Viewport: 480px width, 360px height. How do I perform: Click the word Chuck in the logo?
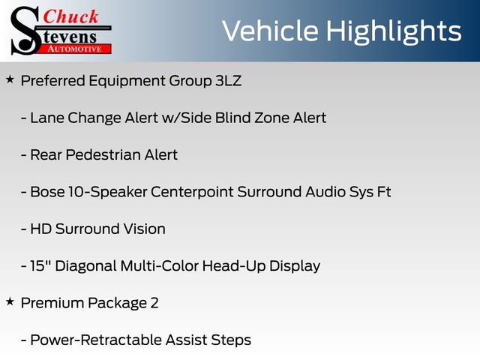pyautogui.click(x=70, y=16)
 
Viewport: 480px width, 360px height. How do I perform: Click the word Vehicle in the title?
pyautogui.click(x=270, y=31)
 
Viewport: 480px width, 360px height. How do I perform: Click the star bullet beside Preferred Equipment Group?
pyautogui.click(x=10, y=79)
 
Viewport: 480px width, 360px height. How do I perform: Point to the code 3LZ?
pyautogui.click(x=228, y=81)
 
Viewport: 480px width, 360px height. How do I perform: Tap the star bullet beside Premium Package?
pyautogui.click(x=10, y=301)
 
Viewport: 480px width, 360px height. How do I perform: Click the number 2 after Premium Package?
pyautogui.click(x=154, y=303)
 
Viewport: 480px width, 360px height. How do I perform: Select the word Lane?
pyautogui.click(x=47, y=118)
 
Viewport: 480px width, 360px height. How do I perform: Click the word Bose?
pyautogui.click(x=47, y=192)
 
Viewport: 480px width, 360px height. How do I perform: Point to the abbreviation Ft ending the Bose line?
pyautogui.click(x=384, y=192)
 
